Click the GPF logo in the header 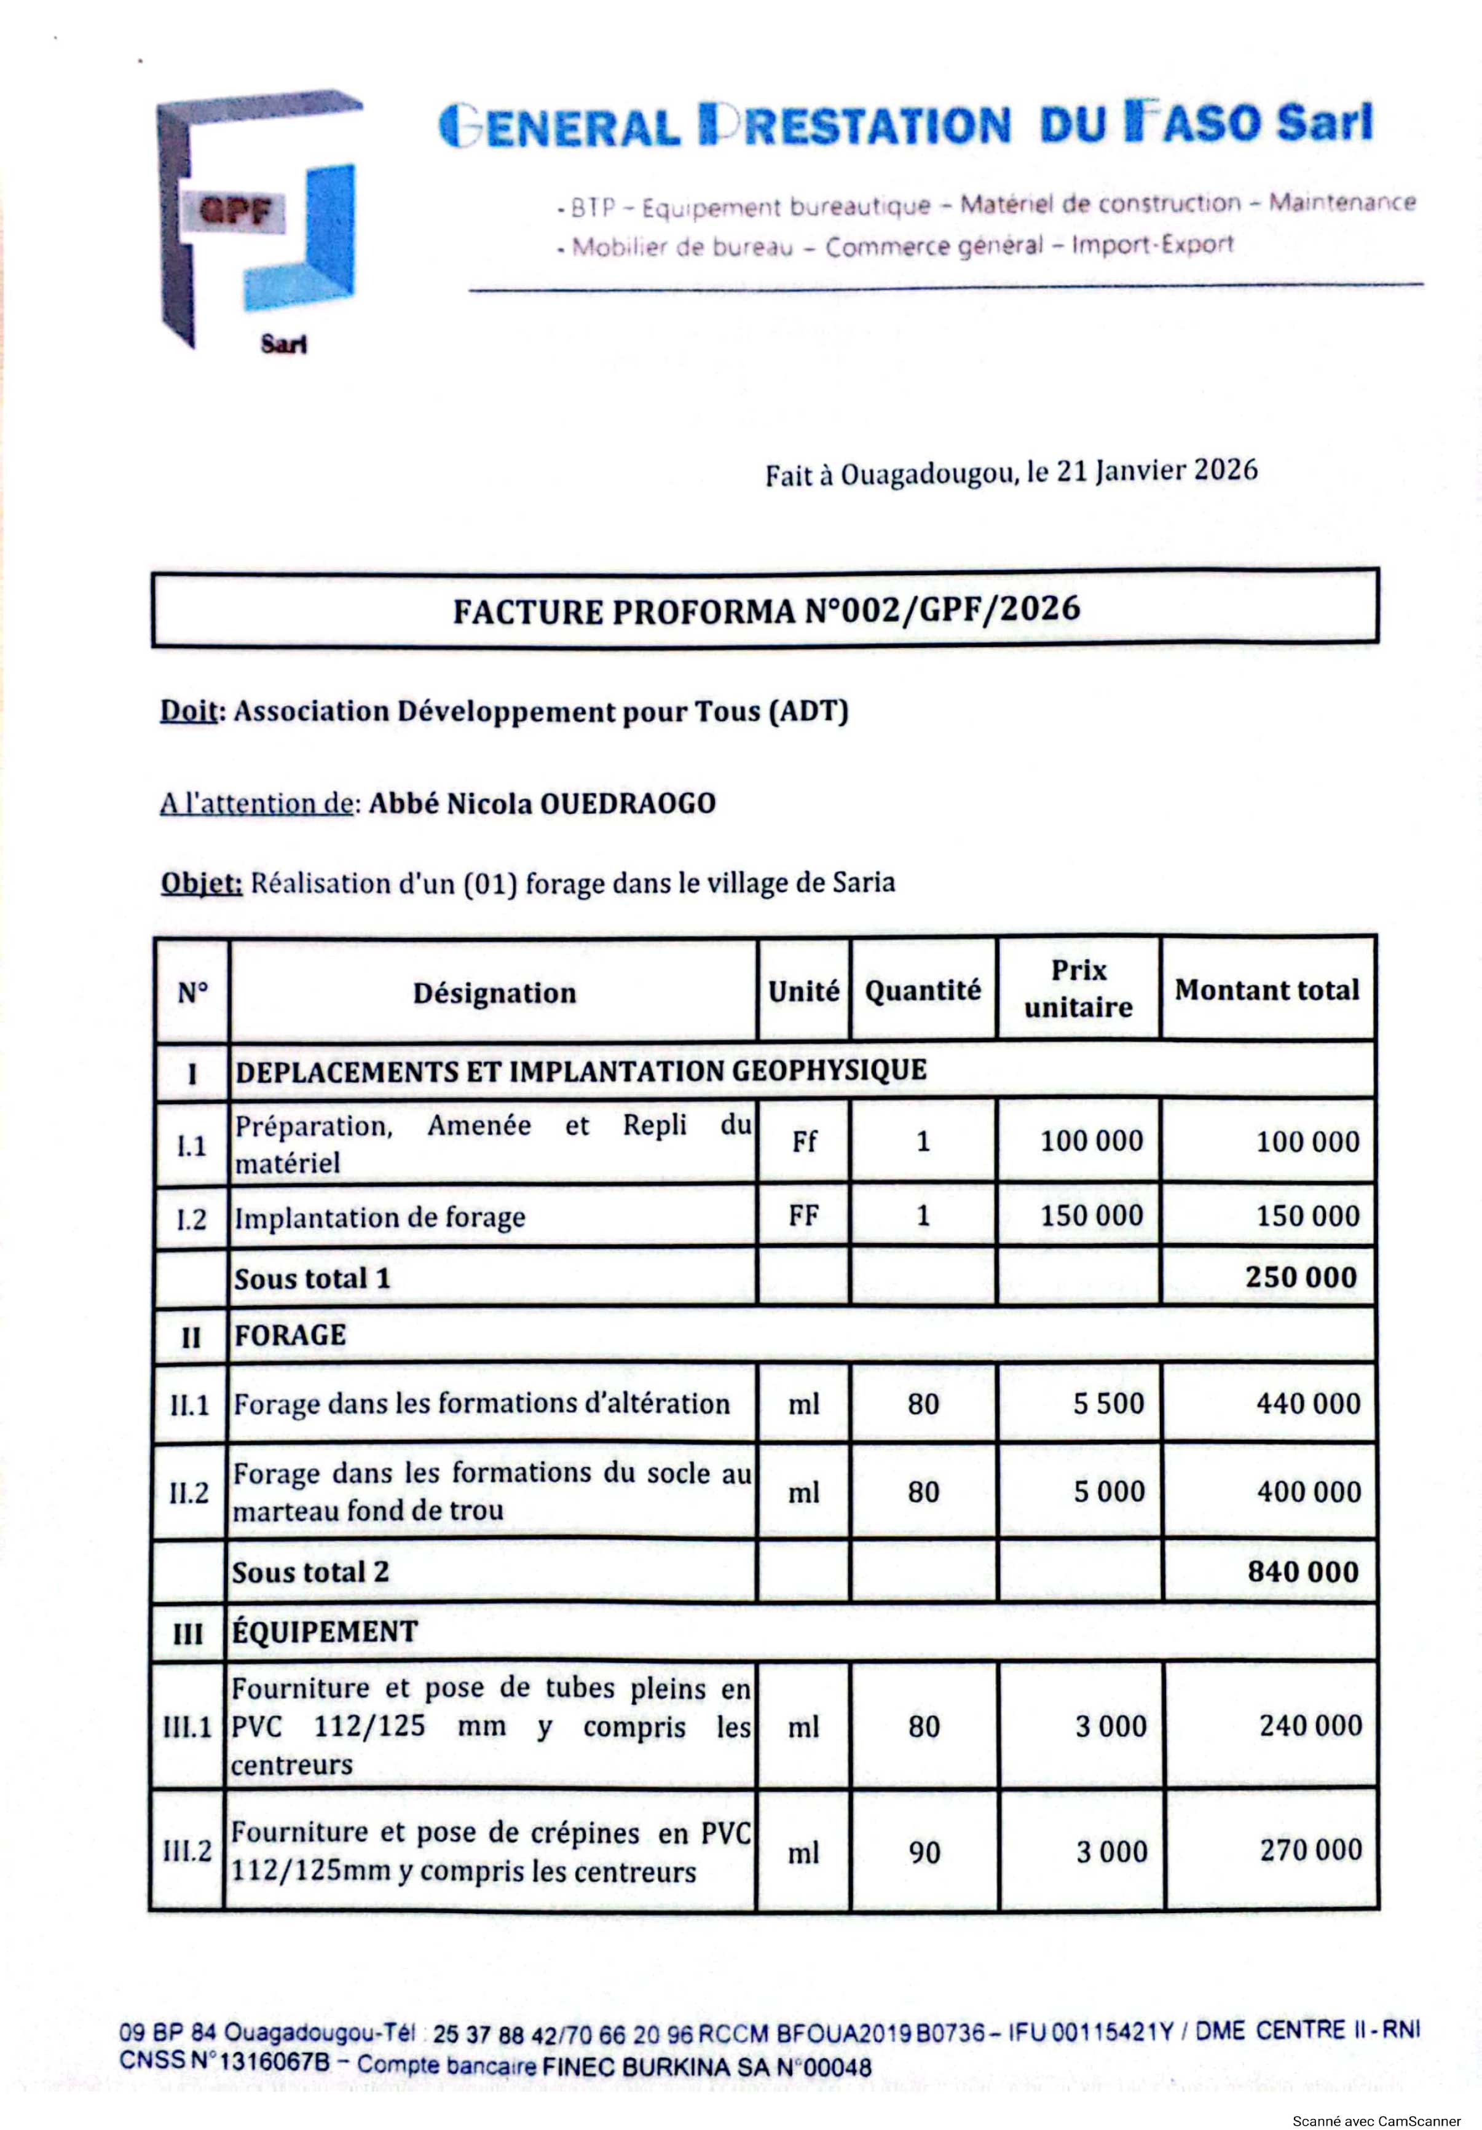258,221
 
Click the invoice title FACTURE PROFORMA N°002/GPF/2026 766,610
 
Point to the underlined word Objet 200,882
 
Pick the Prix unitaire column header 1078,988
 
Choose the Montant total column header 1267,990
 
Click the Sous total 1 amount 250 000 1301,1278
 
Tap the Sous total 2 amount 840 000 1303,1571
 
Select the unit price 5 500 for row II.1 1109,1404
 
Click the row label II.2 188,1493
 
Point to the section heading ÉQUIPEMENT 325,1632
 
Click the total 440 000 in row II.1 1309,1404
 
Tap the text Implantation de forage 379,1217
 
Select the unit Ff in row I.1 803,1142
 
